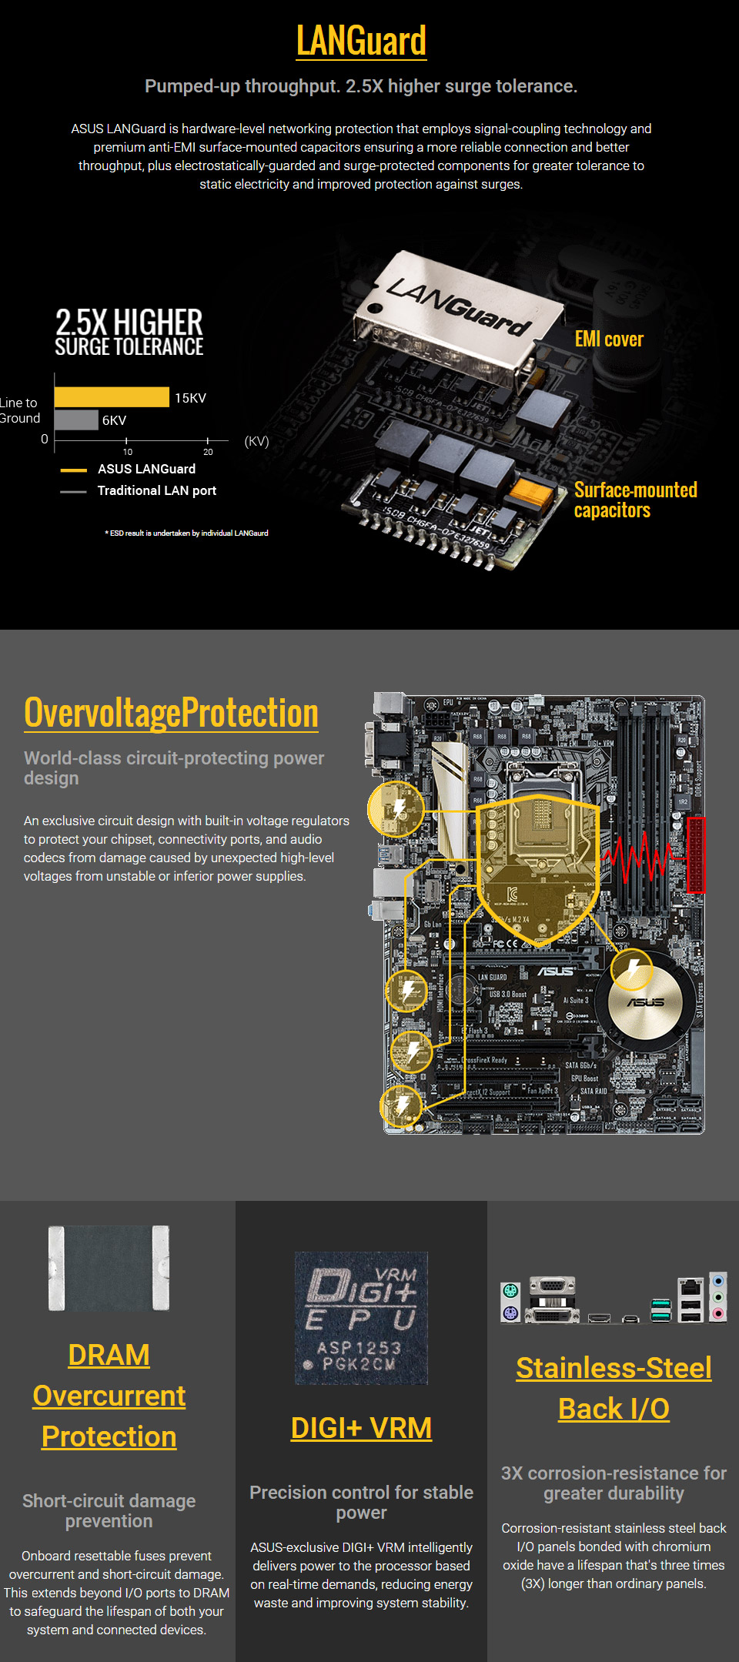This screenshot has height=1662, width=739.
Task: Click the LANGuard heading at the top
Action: [361, 41]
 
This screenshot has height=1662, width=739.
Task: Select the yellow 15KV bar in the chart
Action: [112, 397]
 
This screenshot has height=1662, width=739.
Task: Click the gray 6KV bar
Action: [76, 420]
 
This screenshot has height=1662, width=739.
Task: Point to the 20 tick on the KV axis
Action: [208, 451]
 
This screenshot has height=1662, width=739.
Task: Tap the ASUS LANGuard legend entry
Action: [146, 469]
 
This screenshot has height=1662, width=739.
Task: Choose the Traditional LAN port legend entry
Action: [156, 490]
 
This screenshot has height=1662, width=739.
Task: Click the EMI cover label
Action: [608, 339]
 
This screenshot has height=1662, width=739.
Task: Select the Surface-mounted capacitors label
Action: [635, 500]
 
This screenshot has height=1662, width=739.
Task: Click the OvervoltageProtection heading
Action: [171, 713]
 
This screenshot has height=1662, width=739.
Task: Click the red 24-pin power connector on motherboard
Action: [696, 854]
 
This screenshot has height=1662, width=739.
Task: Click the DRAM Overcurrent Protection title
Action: [109, 1396]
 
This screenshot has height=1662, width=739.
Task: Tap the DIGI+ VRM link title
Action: [361, 1428]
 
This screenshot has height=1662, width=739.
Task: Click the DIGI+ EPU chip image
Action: [361, 1318]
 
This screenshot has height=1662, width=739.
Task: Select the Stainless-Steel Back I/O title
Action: [614, 1388]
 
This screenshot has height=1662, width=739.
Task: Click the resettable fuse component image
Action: [109, 1268]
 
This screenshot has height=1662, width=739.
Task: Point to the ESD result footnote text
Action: [186, 533]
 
